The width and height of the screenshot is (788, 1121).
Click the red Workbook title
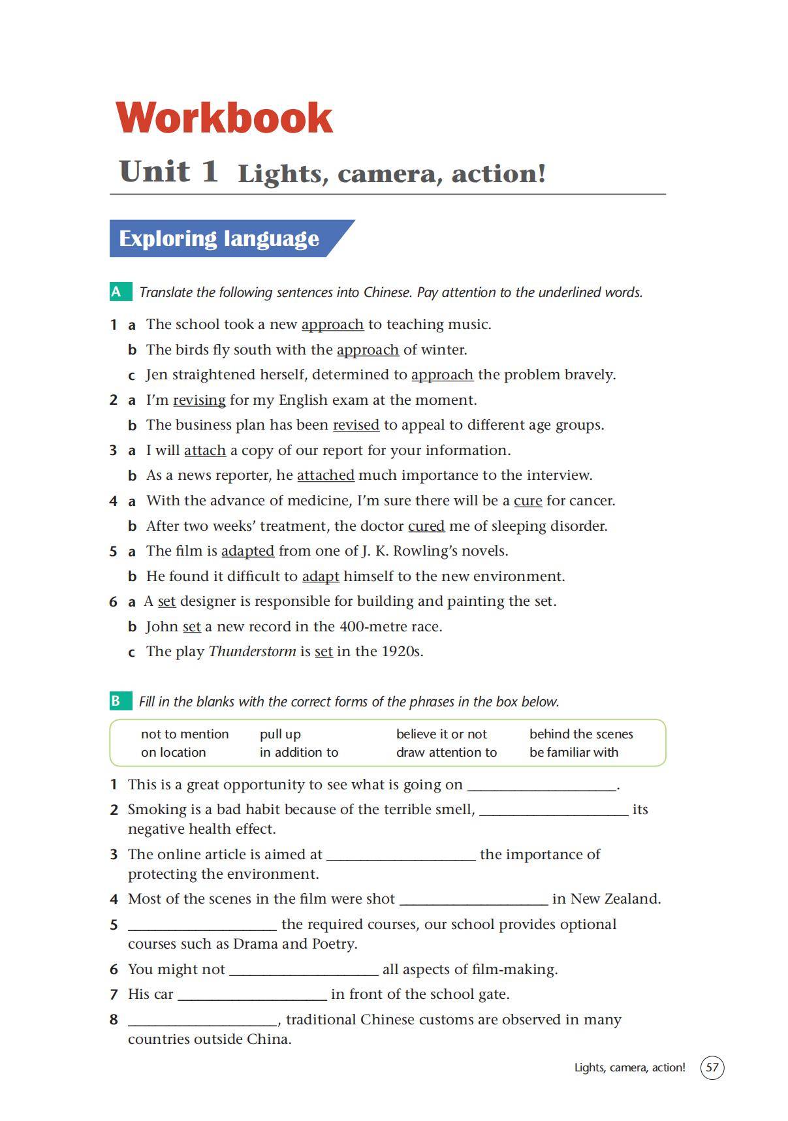click(224, 118)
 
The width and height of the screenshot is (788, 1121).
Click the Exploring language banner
click(219, 238)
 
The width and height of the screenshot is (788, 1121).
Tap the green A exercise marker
click(117, 292)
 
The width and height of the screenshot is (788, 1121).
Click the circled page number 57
click(712, 1067)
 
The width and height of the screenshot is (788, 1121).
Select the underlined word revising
click(199, 400)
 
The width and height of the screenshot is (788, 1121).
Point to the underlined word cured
click(426, 526)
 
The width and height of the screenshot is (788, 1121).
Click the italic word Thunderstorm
click(252, 652)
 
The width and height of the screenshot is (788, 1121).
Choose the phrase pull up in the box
click(280, 734)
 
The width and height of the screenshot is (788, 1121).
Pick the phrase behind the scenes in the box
click(581, 734)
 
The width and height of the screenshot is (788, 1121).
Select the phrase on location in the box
click(173, 752)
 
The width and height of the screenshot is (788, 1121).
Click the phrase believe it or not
click(441, 734)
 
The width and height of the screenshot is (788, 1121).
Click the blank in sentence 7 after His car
click(252, 995)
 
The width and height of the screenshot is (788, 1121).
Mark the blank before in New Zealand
click(473, 900)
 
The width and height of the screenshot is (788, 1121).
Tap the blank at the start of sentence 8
click(202, 1020)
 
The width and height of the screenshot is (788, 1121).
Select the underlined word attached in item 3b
click(325, 475)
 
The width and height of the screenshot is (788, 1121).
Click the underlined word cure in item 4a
click(528, 501)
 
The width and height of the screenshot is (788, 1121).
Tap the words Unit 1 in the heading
click(168, 172)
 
